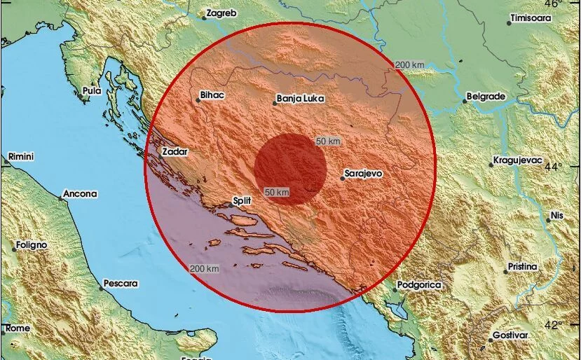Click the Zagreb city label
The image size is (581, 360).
223,13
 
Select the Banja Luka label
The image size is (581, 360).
301,99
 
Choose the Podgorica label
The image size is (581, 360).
418,284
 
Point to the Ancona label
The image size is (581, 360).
81,193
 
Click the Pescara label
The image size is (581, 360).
121,284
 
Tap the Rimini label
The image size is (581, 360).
21,157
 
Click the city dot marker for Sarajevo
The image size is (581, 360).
343,179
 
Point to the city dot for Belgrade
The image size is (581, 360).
464,101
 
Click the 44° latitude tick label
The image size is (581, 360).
554,167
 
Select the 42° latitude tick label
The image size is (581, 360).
554,324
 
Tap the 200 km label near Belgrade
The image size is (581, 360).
410,65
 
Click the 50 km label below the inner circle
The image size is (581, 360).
277,192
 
